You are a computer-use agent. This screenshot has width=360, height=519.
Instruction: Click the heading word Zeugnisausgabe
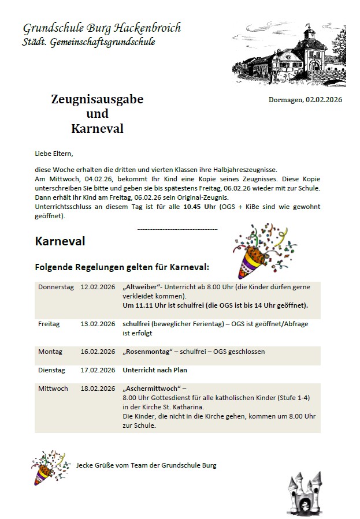[97, 99]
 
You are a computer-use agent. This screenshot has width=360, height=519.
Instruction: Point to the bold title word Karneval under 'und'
[97, 128]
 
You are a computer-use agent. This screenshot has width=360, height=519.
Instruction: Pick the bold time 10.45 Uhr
[199, 206]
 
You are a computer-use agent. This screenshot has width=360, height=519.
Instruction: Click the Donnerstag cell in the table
[56, 287]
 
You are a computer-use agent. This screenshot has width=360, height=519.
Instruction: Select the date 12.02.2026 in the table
[98, 287]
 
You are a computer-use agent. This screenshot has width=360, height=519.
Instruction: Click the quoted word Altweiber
[142, 287]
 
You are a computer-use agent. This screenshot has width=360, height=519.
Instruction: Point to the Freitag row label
[49, 324]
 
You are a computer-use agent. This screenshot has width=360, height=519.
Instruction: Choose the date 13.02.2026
[98, 324]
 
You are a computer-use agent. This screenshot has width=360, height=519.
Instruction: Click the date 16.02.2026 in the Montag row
[98, 352]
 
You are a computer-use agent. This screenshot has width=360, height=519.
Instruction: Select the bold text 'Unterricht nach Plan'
[155, 370]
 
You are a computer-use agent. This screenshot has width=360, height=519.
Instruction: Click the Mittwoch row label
[53, 389]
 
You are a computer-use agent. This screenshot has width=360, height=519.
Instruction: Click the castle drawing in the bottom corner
[304, 494]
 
